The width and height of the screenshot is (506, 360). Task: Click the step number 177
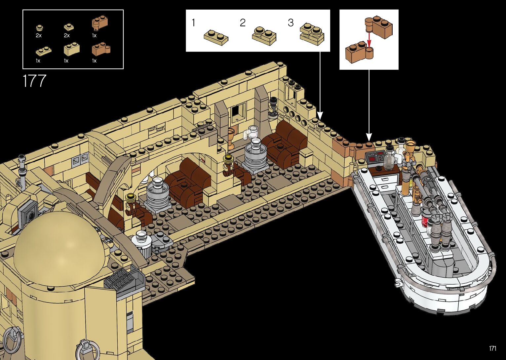34,81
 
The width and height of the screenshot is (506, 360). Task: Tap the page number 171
492,348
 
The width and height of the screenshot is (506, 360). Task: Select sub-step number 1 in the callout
193,23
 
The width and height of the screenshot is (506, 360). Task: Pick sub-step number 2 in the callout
243,23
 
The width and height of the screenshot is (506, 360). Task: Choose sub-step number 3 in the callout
291,23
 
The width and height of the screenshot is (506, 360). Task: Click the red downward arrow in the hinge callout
369,40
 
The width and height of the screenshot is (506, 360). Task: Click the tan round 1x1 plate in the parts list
39,28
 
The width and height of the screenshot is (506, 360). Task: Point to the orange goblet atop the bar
411,145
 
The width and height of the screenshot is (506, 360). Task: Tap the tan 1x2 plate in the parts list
43,51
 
